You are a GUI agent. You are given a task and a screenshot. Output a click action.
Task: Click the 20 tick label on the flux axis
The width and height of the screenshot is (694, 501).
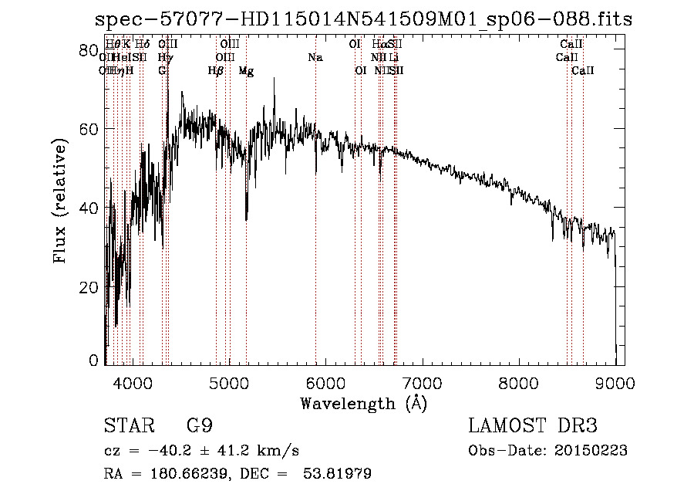point(89,287)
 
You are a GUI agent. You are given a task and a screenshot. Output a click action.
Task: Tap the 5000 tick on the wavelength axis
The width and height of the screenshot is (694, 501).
point(227,381)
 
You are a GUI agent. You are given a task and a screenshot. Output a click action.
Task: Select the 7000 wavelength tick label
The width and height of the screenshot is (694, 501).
point(421,381)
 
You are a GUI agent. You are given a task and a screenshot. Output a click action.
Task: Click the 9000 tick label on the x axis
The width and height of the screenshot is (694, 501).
point(615,381)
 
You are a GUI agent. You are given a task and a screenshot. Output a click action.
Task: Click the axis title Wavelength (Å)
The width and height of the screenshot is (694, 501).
point(363,403)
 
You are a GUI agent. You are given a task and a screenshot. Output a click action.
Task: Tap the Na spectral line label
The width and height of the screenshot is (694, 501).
point(315,58)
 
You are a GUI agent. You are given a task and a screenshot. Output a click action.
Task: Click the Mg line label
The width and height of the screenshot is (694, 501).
point(246,71)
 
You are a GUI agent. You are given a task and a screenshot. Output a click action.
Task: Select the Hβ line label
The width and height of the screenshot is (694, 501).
point(216,71)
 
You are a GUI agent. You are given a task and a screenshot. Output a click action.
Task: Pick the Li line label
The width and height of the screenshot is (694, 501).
point(394,58)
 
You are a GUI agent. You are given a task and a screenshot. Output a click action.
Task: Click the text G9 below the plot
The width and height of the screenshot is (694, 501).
point(200,426)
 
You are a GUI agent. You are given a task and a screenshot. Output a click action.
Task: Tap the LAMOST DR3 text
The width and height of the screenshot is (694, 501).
point(533,426)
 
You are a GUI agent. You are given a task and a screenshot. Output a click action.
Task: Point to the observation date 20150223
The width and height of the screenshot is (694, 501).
point(594,451)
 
